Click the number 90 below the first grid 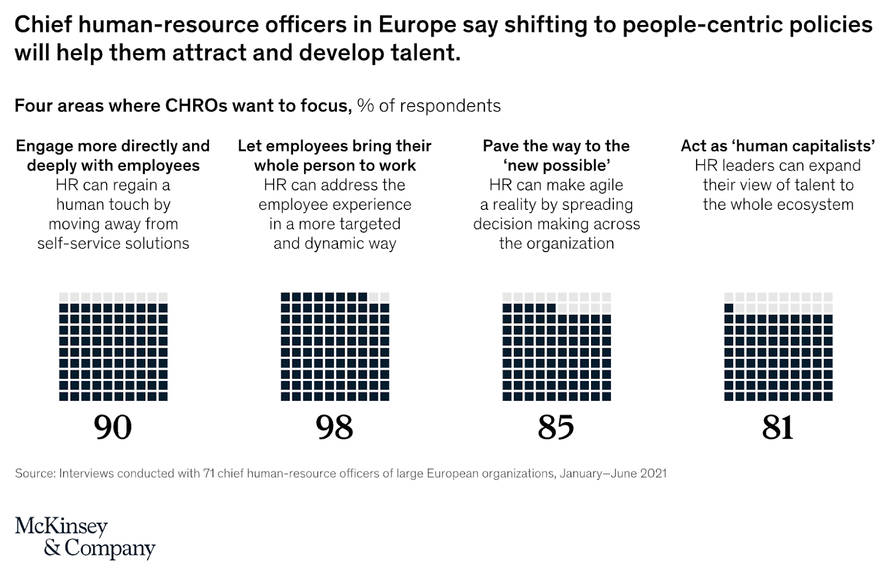click(113, 427)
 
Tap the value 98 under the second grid click(334, 427)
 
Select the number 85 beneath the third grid click(556, 427)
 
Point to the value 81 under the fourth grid click(778, 427)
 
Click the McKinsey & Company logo click(84, 536)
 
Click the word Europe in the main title click(418, 24)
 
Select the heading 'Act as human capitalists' click(778, 145)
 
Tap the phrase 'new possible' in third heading click(556, 165)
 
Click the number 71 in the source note click(209, 473)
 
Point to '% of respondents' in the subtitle click(428, 106)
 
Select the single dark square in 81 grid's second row click(729, 308)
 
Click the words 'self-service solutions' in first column click(113, 243)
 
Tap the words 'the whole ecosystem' click(778, 204)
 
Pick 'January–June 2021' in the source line click(613, 473)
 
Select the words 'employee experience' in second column click(335, 204)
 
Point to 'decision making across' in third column click(556, 224)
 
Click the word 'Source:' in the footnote click(35, 473)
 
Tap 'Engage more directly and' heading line click(113, 145)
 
